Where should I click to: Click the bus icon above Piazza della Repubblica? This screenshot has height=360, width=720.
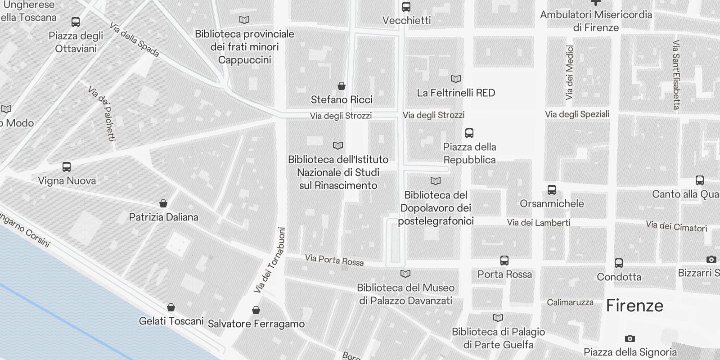click(469, 133)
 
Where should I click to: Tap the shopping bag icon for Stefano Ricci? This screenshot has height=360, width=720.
click(342, 86)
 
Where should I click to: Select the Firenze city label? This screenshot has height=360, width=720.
click(634, 306)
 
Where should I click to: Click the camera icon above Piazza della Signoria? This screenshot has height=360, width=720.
click(630, 338)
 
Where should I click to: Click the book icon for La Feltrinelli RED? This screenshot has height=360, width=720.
click(456, 79)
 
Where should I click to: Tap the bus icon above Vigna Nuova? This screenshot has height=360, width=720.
click(67, 167)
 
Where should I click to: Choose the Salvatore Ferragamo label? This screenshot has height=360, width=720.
click(256, 324)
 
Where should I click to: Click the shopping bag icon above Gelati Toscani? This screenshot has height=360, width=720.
click(171, 308)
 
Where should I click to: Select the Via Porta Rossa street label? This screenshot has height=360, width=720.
click(334, 260)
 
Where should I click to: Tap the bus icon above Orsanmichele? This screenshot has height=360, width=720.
click(552, 190)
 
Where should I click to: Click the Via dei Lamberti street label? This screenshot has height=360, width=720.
click(539, 222)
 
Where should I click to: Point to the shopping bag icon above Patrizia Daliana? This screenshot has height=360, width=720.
click(163, 204)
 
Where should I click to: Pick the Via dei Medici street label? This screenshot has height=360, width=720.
click(570, 72)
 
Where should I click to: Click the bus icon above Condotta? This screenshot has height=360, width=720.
click(619, 263)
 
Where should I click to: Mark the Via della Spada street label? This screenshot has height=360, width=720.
click(134, 40)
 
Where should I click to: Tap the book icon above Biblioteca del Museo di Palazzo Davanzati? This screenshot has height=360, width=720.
click(405, 274)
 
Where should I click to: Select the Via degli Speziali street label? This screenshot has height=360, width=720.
click(577, 114)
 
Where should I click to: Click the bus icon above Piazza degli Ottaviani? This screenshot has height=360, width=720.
click(76, 22)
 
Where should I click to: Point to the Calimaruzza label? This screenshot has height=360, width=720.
click(570, 302)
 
